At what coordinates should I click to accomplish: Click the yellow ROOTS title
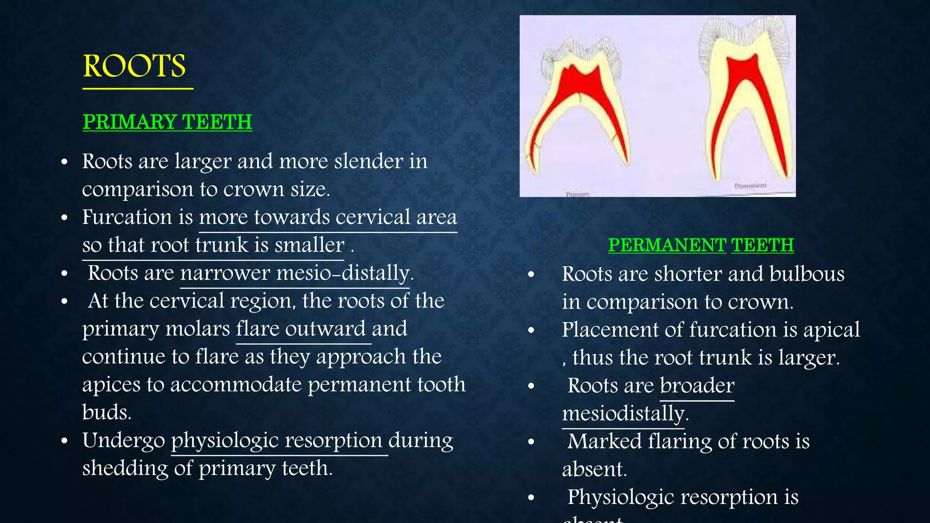click(x=134, y=66)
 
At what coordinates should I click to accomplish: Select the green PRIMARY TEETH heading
click(x=167, y=122)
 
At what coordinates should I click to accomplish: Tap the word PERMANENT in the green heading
click(x=667, y=245)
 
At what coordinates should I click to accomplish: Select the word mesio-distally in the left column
click(x=344, y=273)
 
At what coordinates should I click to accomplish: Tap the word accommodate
click(x=236, y=385)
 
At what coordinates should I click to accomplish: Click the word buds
click(x=106, y=413)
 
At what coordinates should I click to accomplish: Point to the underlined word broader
click(x=697, y=385)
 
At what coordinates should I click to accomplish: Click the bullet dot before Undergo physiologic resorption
click(x=64, y=441)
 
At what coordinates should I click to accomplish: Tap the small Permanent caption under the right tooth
click(x=750, y=186)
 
